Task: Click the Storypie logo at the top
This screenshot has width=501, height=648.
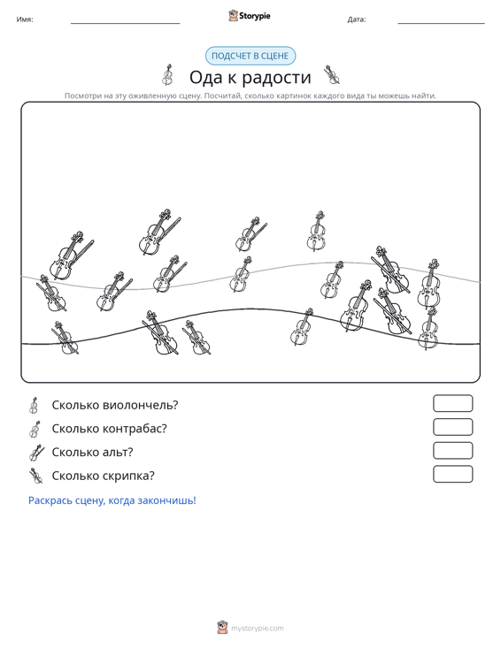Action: pos(250,16)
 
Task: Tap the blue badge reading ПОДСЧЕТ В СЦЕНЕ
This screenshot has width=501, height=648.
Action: pos(250,56)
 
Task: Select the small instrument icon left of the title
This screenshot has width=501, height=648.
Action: pos(167,75)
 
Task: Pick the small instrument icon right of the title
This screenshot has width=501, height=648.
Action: pos(332,75)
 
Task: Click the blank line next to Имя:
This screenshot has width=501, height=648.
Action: pos(126,23)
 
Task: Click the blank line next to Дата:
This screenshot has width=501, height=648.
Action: pos(441,23)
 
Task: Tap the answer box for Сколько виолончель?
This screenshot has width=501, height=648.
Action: pos(452,403)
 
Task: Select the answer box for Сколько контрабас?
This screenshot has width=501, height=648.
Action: pos(452,427)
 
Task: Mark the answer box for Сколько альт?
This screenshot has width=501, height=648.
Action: pos(452,451)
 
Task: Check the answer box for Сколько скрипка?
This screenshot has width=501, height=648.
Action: pos(452,474)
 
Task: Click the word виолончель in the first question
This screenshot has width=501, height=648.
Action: pos(140,405)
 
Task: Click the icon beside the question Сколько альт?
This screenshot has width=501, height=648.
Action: pos(36,453)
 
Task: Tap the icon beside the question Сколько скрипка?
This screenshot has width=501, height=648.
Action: pos(36,476)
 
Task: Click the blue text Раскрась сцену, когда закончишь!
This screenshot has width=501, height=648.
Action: pos(112,500)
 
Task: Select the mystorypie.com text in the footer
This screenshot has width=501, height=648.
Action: pos(258,629)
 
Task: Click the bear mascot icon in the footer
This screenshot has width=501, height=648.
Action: pos(222,628)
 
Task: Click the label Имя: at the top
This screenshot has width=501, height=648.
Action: pos(25,19)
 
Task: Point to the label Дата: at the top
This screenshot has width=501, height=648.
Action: pos(357,19)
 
